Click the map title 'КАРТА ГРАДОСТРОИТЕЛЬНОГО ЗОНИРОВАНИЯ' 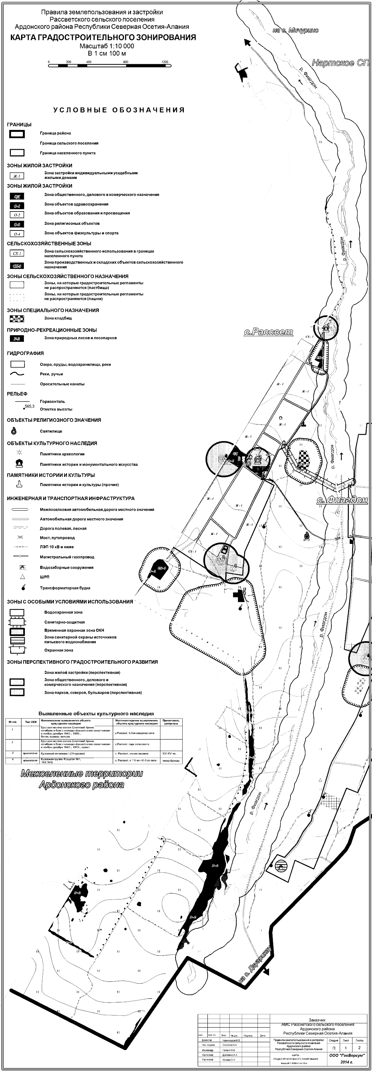[x=103, y=38]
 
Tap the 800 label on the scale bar [x=126, y=62]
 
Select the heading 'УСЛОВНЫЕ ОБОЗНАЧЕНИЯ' [x=119, y=110]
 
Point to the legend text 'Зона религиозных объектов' [x=72, y=224]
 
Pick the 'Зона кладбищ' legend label [x=58, y=318]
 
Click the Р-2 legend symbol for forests [x=17, y=338]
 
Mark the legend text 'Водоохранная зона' [x=63, y=612]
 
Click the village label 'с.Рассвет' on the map [x=268, y=332]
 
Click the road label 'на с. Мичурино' [x=296, y=30]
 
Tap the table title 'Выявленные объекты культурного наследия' [x=96, y=714]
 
